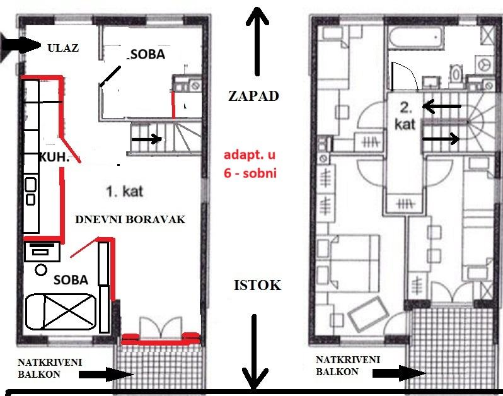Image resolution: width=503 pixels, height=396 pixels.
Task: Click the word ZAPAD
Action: (x=253, y=96)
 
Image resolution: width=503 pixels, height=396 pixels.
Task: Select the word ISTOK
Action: (x=257, y=285)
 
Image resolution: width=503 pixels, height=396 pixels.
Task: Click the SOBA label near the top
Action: (x=148, y=54)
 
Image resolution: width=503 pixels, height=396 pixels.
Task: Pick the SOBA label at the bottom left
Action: (x=70, y=279)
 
